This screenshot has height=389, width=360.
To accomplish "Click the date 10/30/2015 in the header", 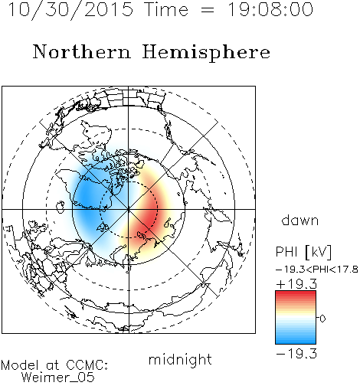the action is click(x=71, y=10).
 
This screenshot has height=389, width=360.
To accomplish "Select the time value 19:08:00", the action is click(x=270, y=10).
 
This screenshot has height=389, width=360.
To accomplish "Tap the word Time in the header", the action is click(x=166, y=10).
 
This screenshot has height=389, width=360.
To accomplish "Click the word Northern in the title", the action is click(x=82, y=51).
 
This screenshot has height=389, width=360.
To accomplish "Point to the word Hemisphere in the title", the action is click(x=206, y=53).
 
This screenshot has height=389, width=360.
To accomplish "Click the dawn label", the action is click(x=300, y=220).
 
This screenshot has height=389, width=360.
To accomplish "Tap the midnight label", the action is click(x=180, y=359).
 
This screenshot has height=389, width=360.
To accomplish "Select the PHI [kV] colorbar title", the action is click(x=303, y=252).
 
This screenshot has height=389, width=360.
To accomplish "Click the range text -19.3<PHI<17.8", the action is click(x=317, y=270).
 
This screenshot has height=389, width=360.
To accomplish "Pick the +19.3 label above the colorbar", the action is click(x=296, y=284).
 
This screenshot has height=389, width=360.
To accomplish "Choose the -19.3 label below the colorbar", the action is click(x=296, y=354).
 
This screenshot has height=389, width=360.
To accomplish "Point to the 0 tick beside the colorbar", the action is click(x=322, y=319).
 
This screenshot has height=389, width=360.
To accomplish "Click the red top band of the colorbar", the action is click(x=296, y=295).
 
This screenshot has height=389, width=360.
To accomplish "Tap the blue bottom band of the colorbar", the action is click(x=296, y=339).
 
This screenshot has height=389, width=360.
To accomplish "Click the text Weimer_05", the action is click(x=58, y=378).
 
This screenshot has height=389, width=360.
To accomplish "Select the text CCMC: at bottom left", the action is click(x=87, y=365).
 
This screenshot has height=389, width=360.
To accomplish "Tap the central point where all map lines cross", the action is click(x=129, y=209).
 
